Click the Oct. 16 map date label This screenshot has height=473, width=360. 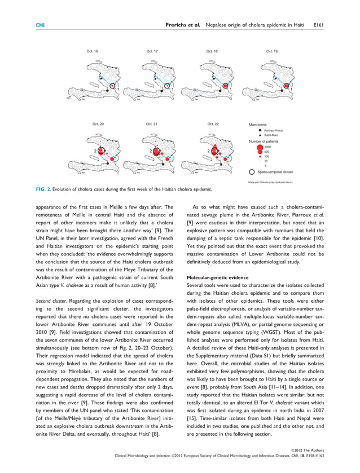[92, 51]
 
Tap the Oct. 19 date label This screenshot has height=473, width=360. [272, 51]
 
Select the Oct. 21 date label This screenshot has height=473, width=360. [152, 124]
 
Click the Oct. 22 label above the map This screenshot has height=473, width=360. [213, 124]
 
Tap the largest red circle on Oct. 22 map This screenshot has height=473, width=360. [214, 151]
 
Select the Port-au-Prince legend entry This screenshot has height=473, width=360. [273, 130]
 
